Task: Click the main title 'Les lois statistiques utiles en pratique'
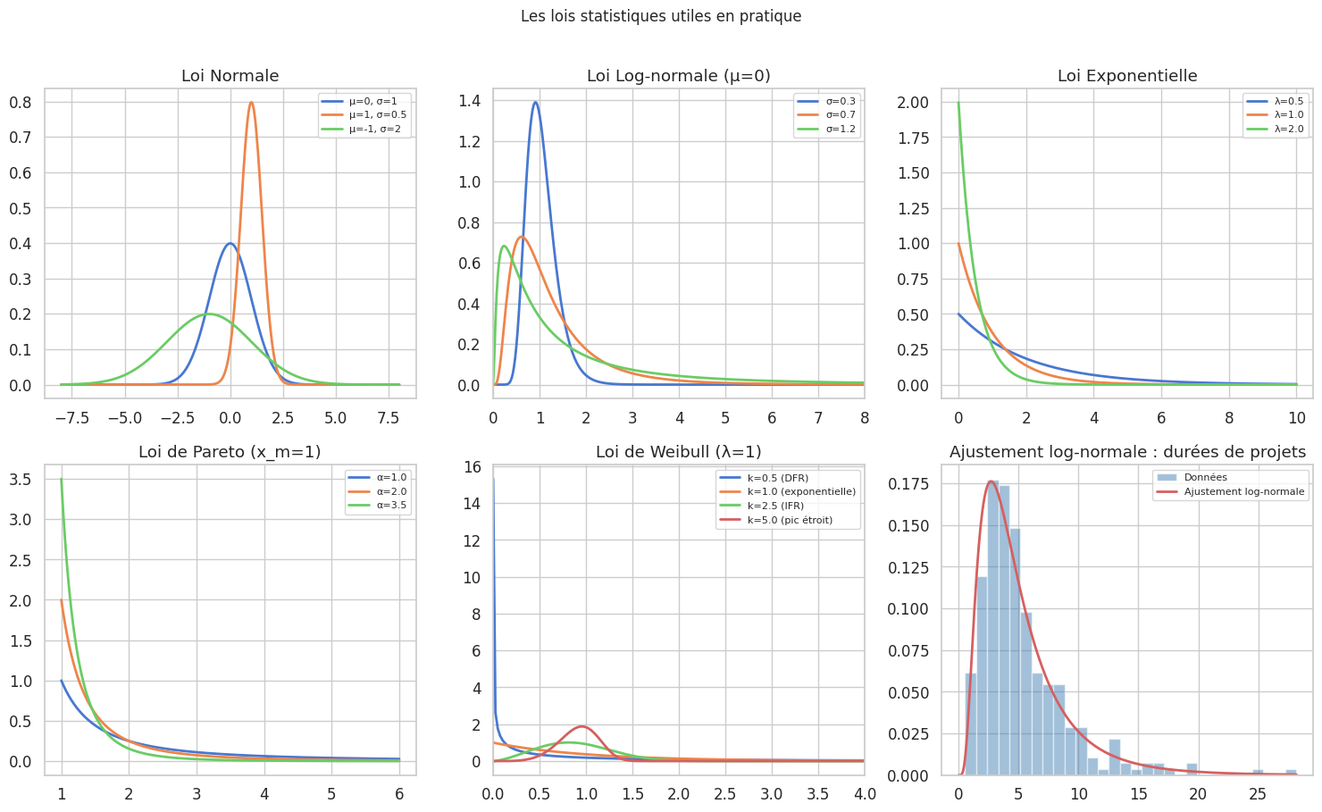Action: click(661, 16)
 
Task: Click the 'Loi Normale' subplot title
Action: click(230, 76)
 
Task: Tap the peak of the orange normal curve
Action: click(251, 103)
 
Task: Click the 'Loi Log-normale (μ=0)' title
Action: click(678, 76)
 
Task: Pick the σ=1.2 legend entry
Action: click(840, 130)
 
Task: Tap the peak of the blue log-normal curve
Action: click(535, 102)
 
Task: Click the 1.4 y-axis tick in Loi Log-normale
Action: click(469, 101)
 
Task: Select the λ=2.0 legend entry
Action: click(1289, 130)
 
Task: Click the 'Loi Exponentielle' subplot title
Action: click(1127, 76)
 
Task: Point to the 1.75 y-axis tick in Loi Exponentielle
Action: click(913, 138)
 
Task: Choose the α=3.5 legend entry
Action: click(390, 506)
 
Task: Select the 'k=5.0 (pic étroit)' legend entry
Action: click(790, 520)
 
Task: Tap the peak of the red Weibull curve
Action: click(582, 726)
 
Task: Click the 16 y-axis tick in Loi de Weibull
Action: click(473, 467)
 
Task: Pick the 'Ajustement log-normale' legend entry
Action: click(1243, 491)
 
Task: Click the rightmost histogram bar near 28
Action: click(1291, 772)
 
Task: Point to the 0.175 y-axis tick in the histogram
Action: click(908, 484)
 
